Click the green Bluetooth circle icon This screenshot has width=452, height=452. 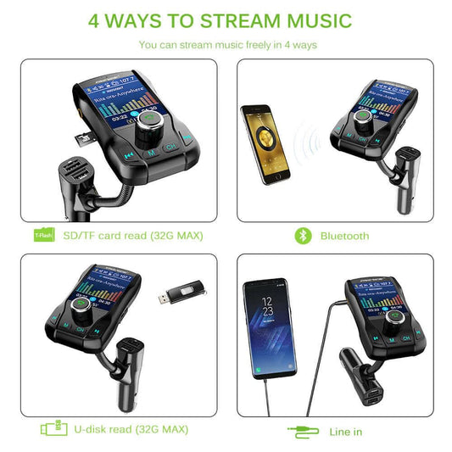[303, 235]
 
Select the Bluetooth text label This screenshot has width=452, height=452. [345, 236]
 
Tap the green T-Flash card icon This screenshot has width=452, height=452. [42, 235]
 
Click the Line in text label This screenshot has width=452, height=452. [346, 432]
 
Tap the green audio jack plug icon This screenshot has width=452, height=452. [303, 432]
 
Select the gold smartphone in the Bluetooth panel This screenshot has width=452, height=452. [262, 139]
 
